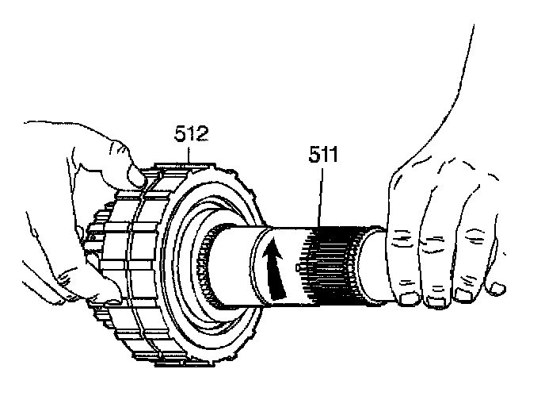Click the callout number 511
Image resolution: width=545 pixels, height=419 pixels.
[322, 155]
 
